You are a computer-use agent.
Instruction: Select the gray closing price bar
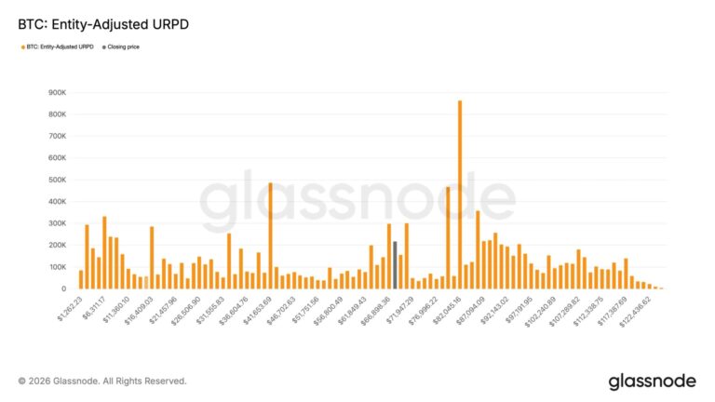tap(395, 265)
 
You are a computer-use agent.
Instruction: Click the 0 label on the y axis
tap(62, 289)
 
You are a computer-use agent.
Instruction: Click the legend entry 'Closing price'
tap(121, 45)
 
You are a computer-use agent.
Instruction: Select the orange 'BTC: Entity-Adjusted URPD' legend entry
tap(57, 45)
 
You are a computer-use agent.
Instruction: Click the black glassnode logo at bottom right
tap(653, 382)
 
